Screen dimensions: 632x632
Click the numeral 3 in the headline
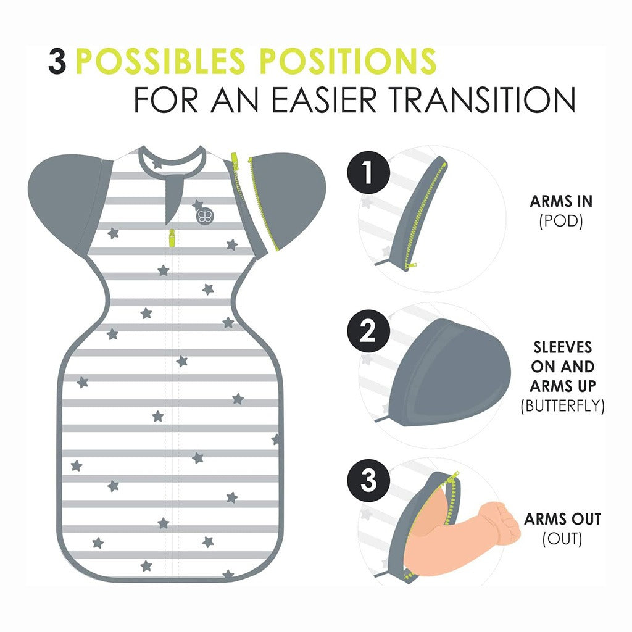[57, 61]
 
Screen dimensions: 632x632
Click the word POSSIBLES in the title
[160, 61]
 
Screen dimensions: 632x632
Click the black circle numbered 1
[368, 172]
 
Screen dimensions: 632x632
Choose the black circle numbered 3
[368, 480]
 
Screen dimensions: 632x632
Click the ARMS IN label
[561, 201]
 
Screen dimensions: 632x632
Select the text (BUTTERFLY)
[563, 405]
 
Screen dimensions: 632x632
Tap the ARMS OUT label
[563, 519]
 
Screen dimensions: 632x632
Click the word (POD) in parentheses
[561, 221]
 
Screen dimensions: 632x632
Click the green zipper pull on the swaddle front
[172, 238]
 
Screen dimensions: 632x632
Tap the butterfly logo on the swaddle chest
[204, 215]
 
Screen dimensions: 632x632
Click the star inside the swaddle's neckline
[157, 164]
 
